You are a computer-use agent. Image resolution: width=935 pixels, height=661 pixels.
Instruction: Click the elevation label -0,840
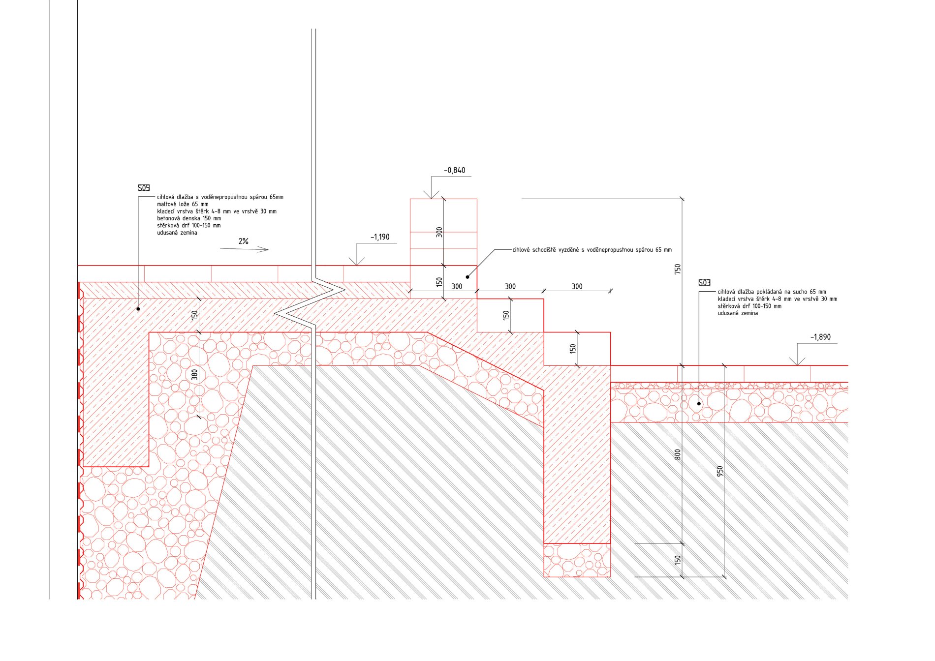454,170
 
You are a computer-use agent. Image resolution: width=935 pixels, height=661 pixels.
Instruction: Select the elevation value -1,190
380,237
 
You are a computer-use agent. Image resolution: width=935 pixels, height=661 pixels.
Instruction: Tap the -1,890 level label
820,337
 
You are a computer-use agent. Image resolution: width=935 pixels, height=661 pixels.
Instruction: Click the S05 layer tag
144,188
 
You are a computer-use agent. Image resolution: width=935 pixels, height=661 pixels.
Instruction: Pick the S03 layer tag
705,282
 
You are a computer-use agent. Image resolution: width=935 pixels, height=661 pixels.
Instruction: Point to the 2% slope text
244,241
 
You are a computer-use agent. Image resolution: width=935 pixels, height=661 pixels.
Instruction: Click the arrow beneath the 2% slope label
244,249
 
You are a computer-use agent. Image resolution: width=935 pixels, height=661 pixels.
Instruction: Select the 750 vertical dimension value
678,269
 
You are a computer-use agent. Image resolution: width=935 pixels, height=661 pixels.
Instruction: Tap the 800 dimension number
678,454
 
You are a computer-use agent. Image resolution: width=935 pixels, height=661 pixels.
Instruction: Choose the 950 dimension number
720,471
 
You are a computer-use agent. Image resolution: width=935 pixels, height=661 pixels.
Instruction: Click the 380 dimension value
194,375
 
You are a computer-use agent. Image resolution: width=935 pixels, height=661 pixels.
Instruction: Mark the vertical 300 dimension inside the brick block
439,232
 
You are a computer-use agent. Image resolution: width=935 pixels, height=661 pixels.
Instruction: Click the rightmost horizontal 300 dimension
577,286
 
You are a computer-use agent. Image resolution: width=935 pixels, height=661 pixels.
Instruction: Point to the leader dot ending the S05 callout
138,309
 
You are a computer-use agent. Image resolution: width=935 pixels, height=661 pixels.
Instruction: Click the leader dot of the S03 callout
699,404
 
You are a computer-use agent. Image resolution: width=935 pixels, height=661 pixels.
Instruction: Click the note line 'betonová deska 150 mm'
189,218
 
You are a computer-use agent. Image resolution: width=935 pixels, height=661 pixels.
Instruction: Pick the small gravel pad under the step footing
577,560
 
